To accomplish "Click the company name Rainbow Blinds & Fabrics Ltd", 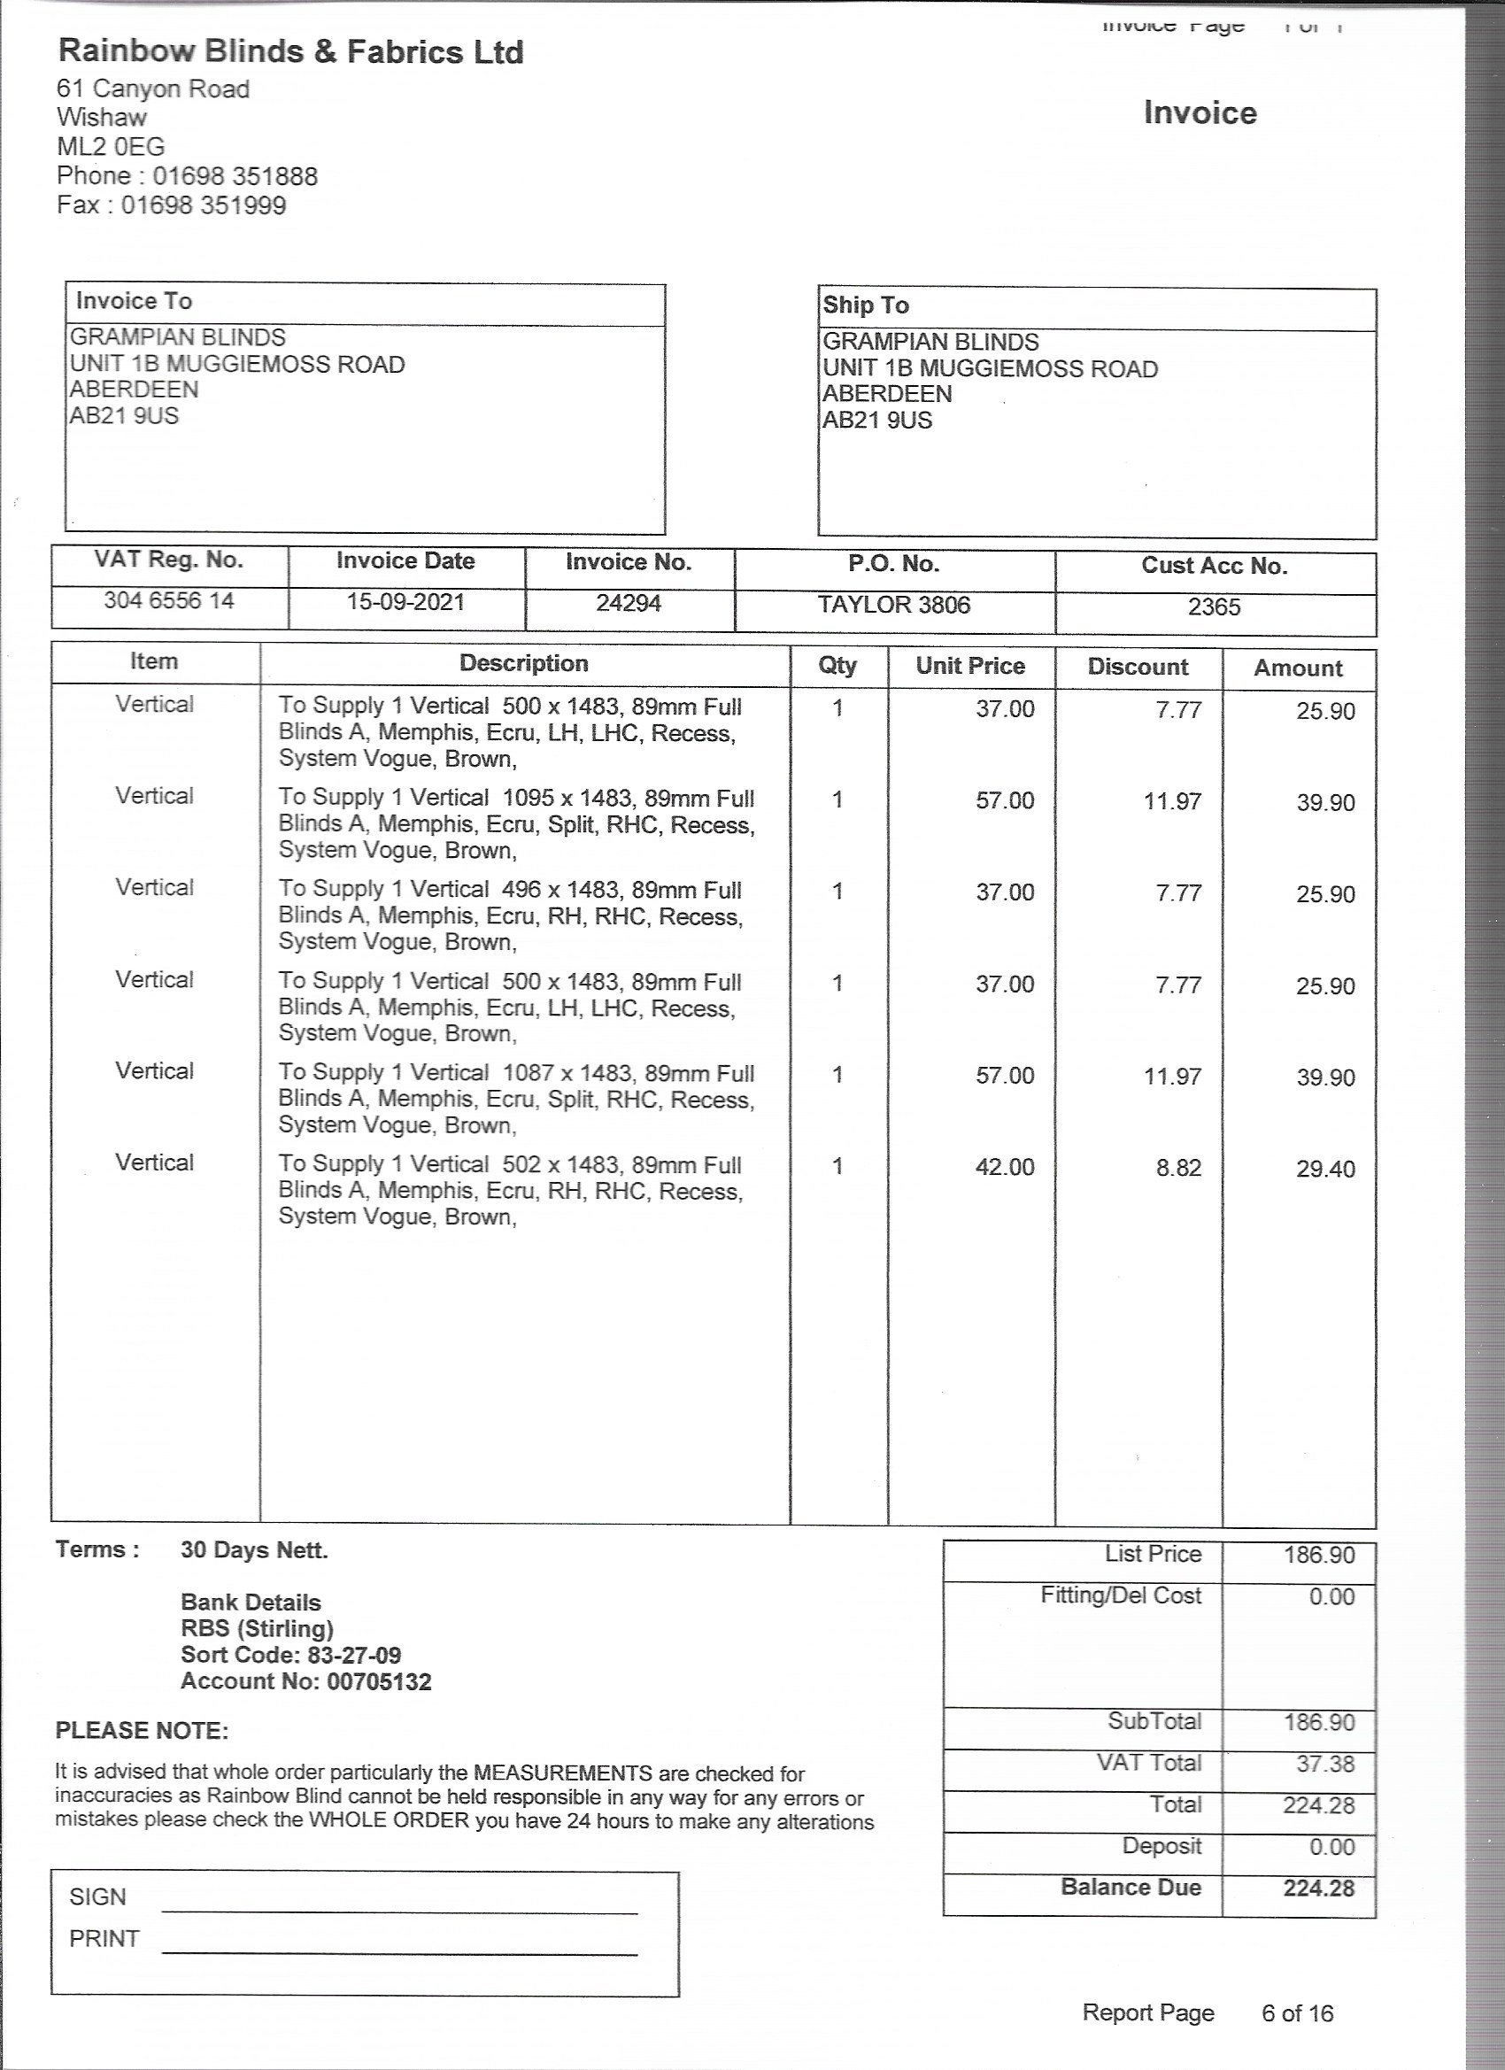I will (x=290, y=52).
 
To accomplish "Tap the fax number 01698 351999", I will (x=204, y=205).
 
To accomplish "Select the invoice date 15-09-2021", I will (x=405, y=602).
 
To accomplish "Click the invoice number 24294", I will (x=628, y=604).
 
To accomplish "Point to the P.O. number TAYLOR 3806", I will (x=893, y=605).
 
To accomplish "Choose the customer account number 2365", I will (x=1214, y=608).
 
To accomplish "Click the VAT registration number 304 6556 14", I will (x=169, y=600).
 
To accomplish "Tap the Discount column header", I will (x=1138, y=667).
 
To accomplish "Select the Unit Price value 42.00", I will (x=1005, y=1167).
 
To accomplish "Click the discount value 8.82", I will (x=1178, y=1169).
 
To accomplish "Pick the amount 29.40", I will (x=1325, y=1170).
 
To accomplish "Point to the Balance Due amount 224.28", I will (x=1318, y=1888).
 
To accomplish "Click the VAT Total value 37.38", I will (x=1325, y=1764).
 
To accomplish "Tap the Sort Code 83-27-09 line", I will (x=290, y=1655).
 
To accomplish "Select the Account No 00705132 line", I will (x=305, y=1681).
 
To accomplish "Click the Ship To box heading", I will (x=866, y=305).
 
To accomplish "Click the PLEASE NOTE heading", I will (x=143, y=1731).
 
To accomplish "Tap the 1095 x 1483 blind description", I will (x=517, y=824).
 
